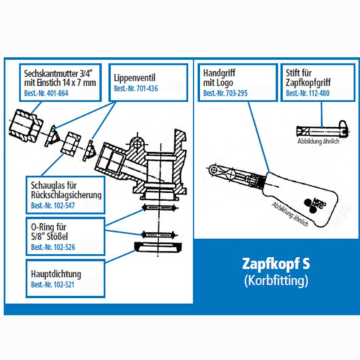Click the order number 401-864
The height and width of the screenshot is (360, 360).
point(58,96)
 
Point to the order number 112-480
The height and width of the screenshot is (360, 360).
point(314,94)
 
